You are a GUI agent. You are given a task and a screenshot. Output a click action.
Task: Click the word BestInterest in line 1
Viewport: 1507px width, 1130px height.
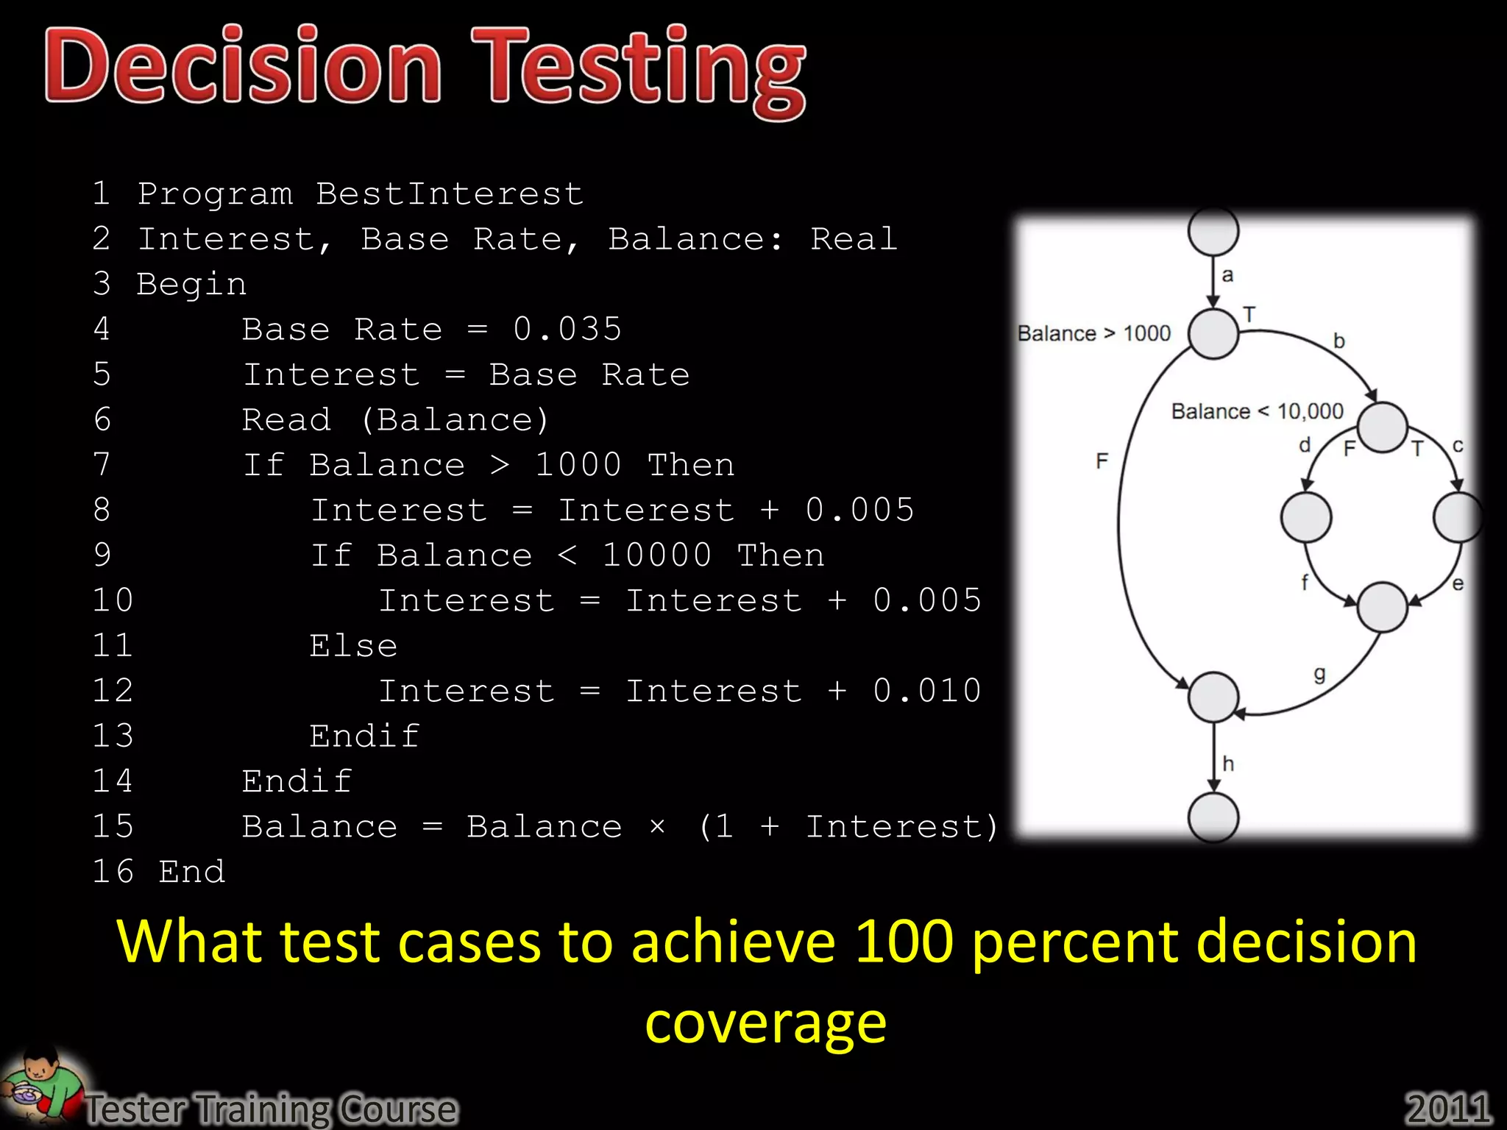pyautogui.click(x=450, y=194)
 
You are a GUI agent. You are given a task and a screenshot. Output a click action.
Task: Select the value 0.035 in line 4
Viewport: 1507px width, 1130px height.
pyautogui.click(x=567, y=330)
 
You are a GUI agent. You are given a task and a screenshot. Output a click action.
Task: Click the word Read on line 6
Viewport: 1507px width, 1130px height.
pyautogui.click(x=286, y=420)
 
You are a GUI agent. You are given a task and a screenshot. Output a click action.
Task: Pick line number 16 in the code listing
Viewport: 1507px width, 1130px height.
pyautogui.click(x=113, y=872)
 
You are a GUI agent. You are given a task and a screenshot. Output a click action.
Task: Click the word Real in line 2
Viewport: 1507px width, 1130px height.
pyautogui.click(x=854, y=239)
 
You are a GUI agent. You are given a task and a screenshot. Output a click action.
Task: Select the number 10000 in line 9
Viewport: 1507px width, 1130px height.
pyautogui.click(x=657, y=555)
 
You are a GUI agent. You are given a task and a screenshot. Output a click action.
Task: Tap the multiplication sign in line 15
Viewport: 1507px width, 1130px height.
pyautogui.click(x=658, y=828)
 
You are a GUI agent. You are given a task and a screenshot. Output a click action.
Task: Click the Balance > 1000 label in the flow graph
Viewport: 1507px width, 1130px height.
pyautogui.click(x=1093, y=334)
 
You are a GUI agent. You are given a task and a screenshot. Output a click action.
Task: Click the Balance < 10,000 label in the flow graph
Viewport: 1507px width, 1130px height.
pyautogui.click(x=1257, y=411)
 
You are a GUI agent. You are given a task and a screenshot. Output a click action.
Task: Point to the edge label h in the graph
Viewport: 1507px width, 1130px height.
pyautogui.click(x=1228, y=764)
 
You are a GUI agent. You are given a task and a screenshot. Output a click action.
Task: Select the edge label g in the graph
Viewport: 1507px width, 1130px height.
pyautogui.click(x=1319, y=675)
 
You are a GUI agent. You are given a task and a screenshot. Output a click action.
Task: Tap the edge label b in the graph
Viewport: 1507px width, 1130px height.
pyautogui.click(x=1339, y=341)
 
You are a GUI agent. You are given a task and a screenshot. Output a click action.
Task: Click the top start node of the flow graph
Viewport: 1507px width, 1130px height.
pyautogui.click(x=1213, y=231)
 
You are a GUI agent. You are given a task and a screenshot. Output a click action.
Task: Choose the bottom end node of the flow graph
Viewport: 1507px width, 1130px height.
pyautogui.click(x=1213, y=817)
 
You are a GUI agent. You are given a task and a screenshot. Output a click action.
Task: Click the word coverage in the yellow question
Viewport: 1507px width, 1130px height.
pyautogui.click(x=765, y=1023)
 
